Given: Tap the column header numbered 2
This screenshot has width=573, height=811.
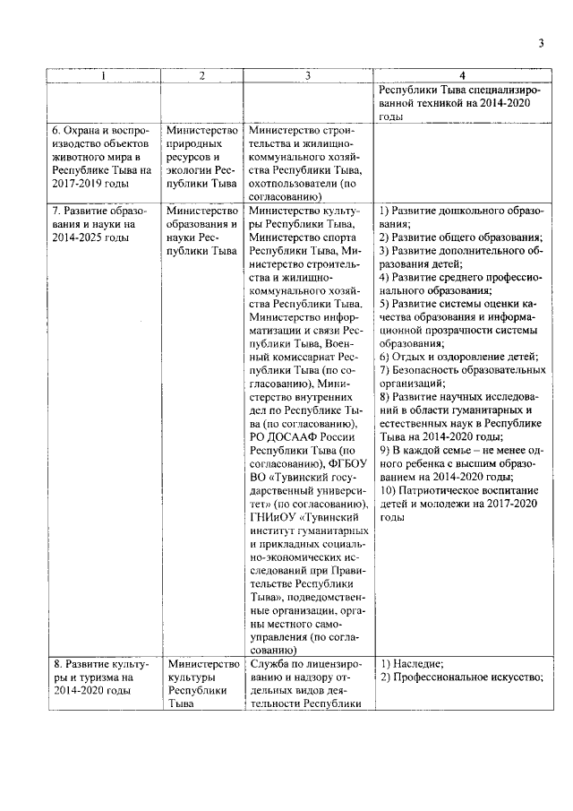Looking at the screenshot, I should pos(202,76).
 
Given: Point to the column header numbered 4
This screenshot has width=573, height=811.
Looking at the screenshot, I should pos(461,76).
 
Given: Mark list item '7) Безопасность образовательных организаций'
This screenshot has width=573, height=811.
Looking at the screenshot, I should pos(460,376).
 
